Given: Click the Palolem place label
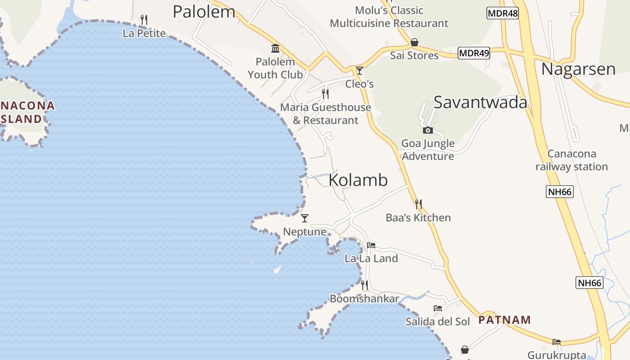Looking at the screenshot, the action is coord(204,12).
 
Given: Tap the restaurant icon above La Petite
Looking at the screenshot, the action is coord(144,20).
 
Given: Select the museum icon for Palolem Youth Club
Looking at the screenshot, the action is coord(275,48).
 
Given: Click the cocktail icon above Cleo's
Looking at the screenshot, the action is coord(360,71).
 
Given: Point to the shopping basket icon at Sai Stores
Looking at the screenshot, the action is coord(414,42).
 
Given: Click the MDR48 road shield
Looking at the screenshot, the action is coord(503,13).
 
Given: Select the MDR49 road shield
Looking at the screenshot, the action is coord(474,53).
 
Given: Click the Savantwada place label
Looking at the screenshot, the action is coord(480,102).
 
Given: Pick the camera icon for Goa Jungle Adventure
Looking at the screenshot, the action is coord(428,130).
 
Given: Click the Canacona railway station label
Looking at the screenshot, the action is coord(571,160).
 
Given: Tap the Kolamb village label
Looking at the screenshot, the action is coord(358,180).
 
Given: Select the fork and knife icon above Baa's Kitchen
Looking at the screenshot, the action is coord(418,204).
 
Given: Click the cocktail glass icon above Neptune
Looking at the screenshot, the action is coord(305,218).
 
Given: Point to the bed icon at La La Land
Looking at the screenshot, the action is coord(371,245).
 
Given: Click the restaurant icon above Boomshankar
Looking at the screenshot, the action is coord(364,285).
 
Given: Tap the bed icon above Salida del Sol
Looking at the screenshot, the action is coord(438,308).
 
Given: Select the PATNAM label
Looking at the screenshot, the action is coord(504,320).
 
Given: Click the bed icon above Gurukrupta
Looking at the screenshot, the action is coord(557,342).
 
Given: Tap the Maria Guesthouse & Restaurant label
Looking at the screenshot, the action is coord(325,114).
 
